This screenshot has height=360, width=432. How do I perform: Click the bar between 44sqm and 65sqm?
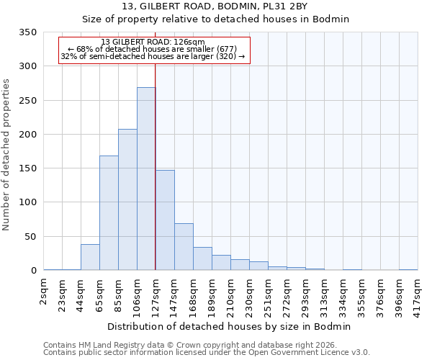[90, 257]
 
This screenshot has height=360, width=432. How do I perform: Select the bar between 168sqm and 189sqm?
[202, 258]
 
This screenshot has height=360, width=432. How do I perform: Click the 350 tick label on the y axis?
[27, 32]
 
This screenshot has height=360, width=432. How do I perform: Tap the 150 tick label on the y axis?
[27, 168]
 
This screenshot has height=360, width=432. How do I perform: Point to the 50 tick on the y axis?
[30, 237]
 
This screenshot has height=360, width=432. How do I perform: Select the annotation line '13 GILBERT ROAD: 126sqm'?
[153, 42]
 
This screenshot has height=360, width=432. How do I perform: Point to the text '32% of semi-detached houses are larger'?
[153, 56]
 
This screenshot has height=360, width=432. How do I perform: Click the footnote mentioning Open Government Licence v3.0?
[207, 352]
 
